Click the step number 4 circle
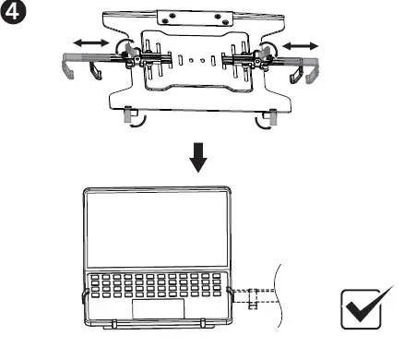[x=13, y=12]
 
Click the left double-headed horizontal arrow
[x=89, y=43]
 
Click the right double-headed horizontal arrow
[x=303, y=43]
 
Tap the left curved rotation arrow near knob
[x=119, y=48]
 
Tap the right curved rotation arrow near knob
[x=269, y=48]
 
